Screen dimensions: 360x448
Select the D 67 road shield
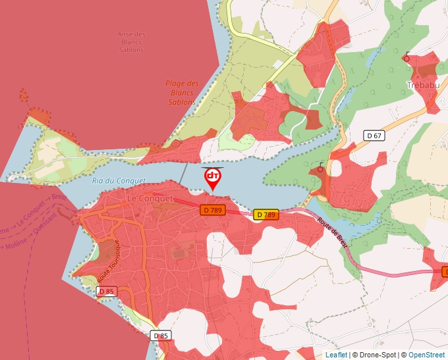coord(374,136)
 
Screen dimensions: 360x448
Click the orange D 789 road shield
coord(213,210)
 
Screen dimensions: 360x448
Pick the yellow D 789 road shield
coord(266,215)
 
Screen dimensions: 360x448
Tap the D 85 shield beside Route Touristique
coord(107,291)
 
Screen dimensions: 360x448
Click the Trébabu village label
coord(423,86)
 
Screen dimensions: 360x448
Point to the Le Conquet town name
coord(150,198)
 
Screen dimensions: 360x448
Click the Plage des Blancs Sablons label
coord(182,93)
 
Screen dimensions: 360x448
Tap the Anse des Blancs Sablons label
coord(131,42)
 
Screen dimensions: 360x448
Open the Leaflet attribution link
coord(336,355)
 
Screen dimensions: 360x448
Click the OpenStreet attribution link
coord(426,355)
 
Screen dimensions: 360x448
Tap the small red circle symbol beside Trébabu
coord(406,58)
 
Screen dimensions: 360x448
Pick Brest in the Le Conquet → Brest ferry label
coord(58,197)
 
